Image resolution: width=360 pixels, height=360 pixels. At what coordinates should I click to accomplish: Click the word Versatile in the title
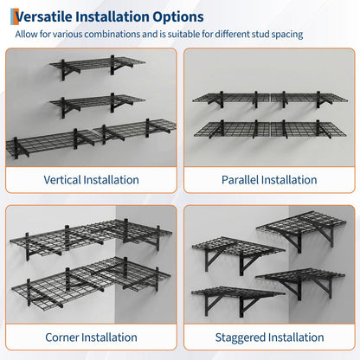pos(43,16)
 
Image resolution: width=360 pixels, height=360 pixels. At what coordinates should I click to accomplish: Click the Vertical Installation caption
pos(91,180)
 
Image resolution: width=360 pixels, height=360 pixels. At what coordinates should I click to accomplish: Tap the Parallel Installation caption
pos(269,180)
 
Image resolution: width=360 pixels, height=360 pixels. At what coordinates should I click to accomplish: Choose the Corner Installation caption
pos(91,337)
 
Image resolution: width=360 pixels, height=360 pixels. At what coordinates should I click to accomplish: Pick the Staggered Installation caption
pos(269,337)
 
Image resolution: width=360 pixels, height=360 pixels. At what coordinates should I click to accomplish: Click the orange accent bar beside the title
pos(13,16)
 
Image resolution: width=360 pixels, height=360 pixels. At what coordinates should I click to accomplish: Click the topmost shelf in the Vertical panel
pos(97,66)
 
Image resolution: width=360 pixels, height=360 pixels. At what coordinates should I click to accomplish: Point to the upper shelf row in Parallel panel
pos(270,99)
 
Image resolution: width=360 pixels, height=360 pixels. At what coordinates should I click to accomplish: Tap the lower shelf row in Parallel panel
pos(270,129)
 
